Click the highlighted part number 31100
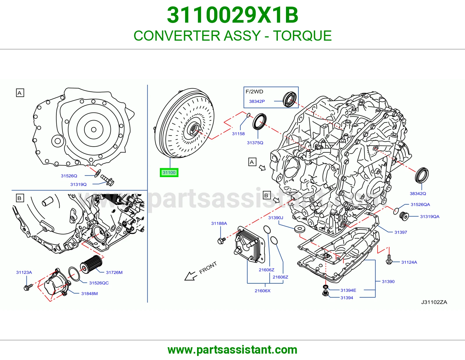(169, 172)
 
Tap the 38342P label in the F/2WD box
(257, 101)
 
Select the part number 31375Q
(255, 143)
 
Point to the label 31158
(238, 134)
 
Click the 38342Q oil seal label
(418, 193)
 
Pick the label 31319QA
(430, 217)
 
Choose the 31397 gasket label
(400, 232)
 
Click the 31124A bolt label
(409, 262)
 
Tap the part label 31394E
(348, 290)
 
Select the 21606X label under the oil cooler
(262, 291)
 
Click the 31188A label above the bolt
(219, 223)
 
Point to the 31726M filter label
(114, 272)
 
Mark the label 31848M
(90, 294)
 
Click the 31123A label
(24, 272)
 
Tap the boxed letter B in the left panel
(20, 198)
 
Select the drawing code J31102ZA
(434, 302)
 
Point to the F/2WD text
(254, 92)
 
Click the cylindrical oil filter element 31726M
(91, 264)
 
